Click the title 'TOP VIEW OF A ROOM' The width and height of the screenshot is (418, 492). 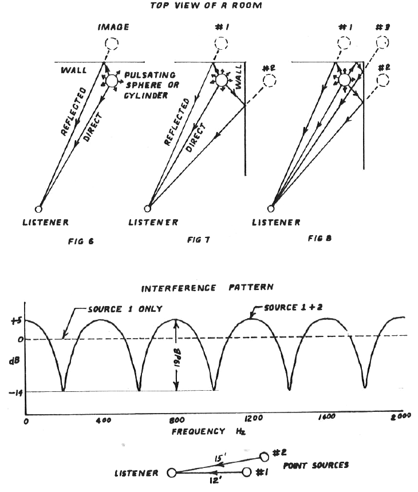[x=206, y=5]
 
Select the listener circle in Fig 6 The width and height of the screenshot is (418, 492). [x=38, y=209]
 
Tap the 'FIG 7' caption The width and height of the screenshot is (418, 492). [x=198, y=240]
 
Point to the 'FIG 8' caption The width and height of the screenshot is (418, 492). [x=320, y=239]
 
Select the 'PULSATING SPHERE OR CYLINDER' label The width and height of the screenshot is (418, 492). [x=152, y=85]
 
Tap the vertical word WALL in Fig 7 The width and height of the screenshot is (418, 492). [x=238, y=77]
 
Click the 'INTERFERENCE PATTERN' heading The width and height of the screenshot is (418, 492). [x=207, y=288]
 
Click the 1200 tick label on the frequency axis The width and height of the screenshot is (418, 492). [x=253, y=418]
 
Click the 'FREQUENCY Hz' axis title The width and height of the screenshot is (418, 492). [x=208, y=432]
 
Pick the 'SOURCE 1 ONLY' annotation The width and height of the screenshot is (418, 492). [x=125, y=309]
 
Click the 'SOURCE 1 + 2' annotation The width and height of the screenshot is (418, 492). [x=293, y=308]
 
